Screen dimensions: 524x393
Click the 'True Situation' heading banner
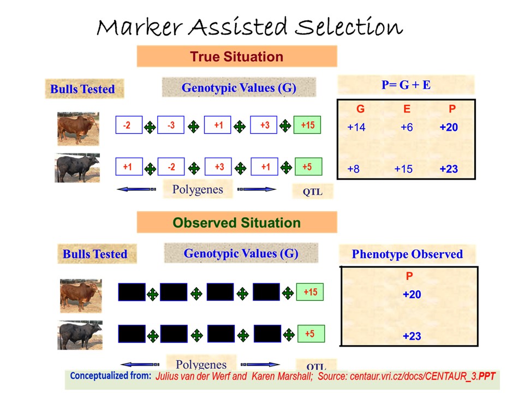pyautogui.click(x=236, y=56)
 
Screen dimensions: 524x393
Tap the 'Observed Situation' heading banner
pyautogui.click(x=236, y=223)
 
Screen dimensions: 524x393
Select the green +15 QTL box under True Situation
pyautogui.click(x=307, y=125)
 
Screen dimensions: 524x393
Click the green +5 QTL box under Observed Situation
pyautogui.click(x=311, y=334)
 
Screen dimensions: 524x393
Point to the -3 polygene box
pyautogui.click(x=171, y=125)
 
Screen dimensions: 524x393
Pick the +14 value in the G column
pyautogui.click(x=356, y=127)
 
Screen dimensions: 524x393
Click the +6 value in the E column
pyautogui.click(x=407, y=127)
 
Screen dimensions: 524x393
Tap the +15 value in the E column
pyautogui.click(x=403, y=169)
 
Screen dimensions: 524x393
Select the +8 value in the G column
pyautogui.click(x=353, y=169)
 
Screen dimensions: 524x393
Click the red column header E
pyautogui.click(x=407, y=109)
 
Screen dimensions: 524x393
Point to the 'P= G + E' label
pyautogui.click(x=406, y=85)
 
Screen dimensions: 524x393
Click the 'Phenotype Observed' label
pyautogui.click(x=407, y=254)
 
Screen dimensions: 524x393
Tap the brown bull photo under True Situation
pyautogui.click(x=78, y=129)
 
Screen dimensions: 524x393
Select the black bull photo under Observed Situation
pyautogui.click(x=80, y=335)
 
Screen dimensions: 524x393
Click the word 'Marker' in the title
pyautogui.click(x=140, y=27)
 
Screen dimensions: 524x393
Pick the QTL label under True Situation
pyautogui.click(x=312, y=192)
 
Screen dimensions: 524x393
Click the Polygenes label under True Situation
pyautogui.click(x=198, y=189)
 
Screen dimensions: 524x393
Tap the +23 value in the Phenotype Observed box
pyautogui.click(x=412, y=336)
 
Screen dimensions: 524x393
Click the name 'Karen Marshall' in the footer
pyautogui.click(x=282, y=376)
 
